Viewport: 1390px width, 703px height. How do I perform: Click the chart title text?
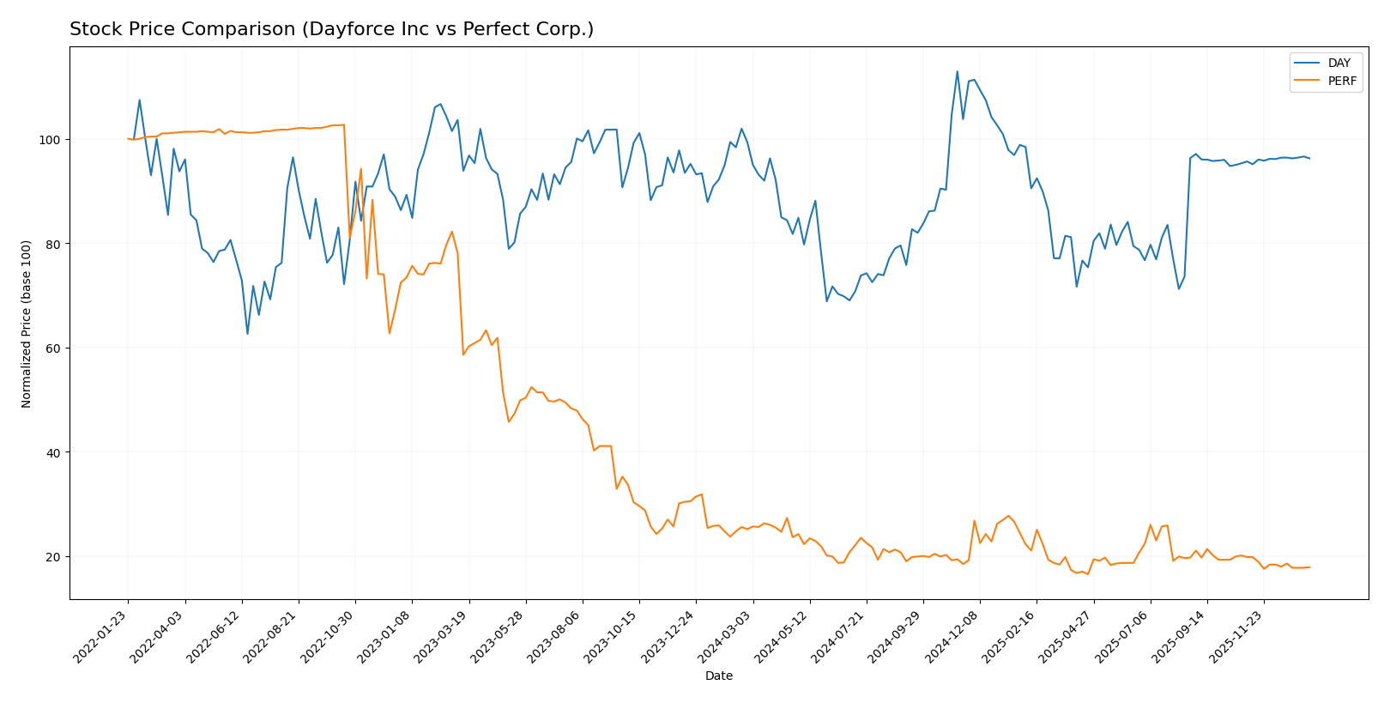tap(331, 29)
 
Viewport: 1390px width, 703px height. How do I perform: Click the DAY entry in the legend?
tap(1339, 63)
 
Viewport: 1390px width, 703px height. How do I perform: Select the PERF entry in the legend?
tap(1342, 82)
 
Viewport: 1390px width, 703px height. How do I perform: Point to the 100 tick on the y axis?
tap(52, 140)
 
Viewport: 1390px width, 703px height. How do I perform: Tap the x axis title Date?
tap(718, 676)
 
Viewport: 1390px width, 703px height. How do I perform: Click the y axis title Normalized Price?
tap(27, 324)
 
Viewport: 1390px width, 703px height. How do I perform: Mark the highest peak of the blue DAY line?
tap(958, 71)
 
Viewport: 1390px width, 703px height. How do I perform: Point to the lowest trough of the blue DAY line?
tap(247, 334)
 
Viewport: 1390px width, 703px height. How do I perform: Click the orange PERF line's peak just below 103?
tap(343, 124)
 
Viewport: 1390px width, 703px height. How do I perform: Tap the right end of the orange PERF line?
tap(1309, 567)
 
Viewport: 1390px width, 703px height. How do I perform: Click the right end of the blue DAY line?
tap(1309, 158)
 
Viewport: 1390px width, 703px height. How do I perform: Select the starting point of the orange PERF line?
tap(128, 138)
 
